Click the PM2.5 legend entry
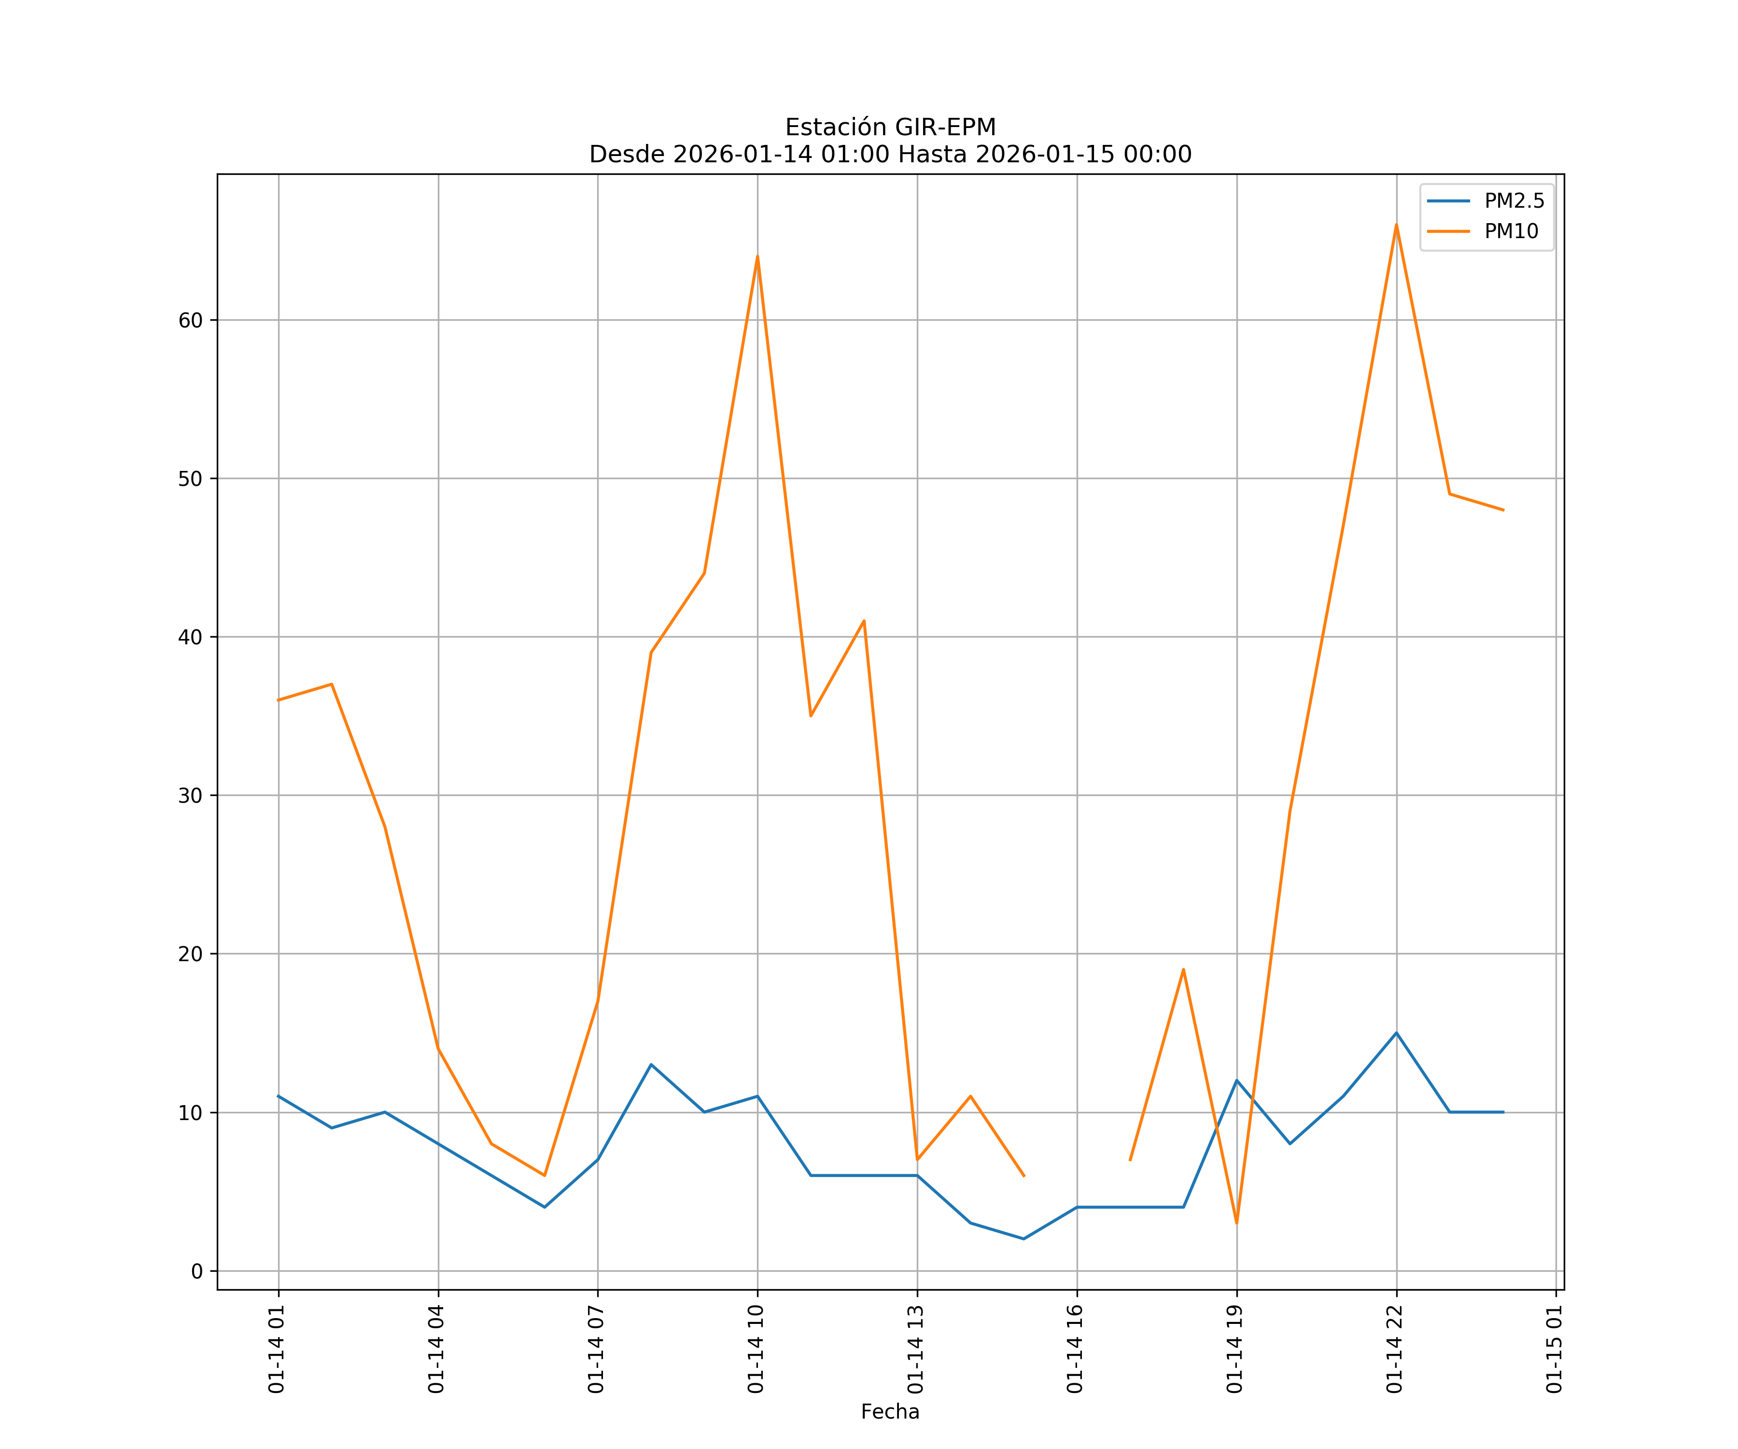(1514, 201)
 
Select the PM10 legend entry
(1511, 232)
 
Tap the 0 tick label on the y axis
(197, 1272)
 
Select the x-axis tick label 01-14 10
(756, 1349)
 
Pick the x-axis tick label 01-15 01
(1554, 1349)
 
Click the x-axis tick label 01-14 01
(277, 1349)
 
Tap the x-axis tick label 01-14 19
(1235, 1349)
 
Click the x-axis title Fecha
(890, 1412)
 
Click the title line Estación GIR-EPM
(890, 128)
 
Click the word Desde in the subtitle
(627, 155)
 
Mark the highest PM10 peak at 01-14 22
(1396, 225)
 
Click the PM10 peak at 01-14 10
(757, 256)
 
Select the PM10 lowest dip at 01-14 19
(1236, 1223)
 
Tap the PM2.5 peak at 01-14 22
(1396, 1033)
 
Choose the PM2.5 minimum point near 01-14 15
(1024, 1239)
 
